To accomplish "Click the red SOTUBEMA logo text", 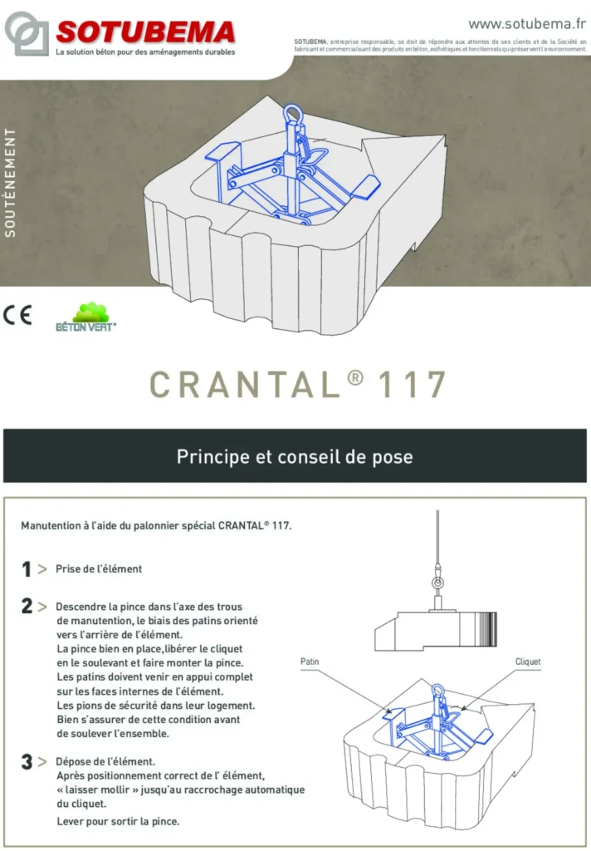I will [145, 32].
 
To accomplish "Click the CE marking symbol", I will [17, 316].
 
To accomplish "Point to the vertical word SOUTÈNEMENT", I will [11, 182].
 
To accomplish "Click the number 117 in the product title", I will [413, 385].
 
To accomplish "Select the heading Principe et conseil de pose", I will [295, 456].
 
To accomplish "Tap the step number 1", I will [27, 569].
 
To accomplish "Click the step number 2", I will [27, 607].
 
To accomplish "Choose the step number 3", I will [27, 761].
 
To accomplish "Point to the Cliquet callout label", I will [528, 662].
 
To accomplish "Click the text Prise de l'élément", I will [99, 569].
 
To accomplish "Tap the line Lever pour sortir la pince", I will [118, 821].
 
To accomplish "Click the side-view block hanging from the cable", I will [435, 624].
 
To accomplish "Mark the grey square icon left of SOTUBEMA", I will [27, 33].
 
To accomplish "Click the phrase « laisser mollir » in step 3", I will [95, 789].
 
